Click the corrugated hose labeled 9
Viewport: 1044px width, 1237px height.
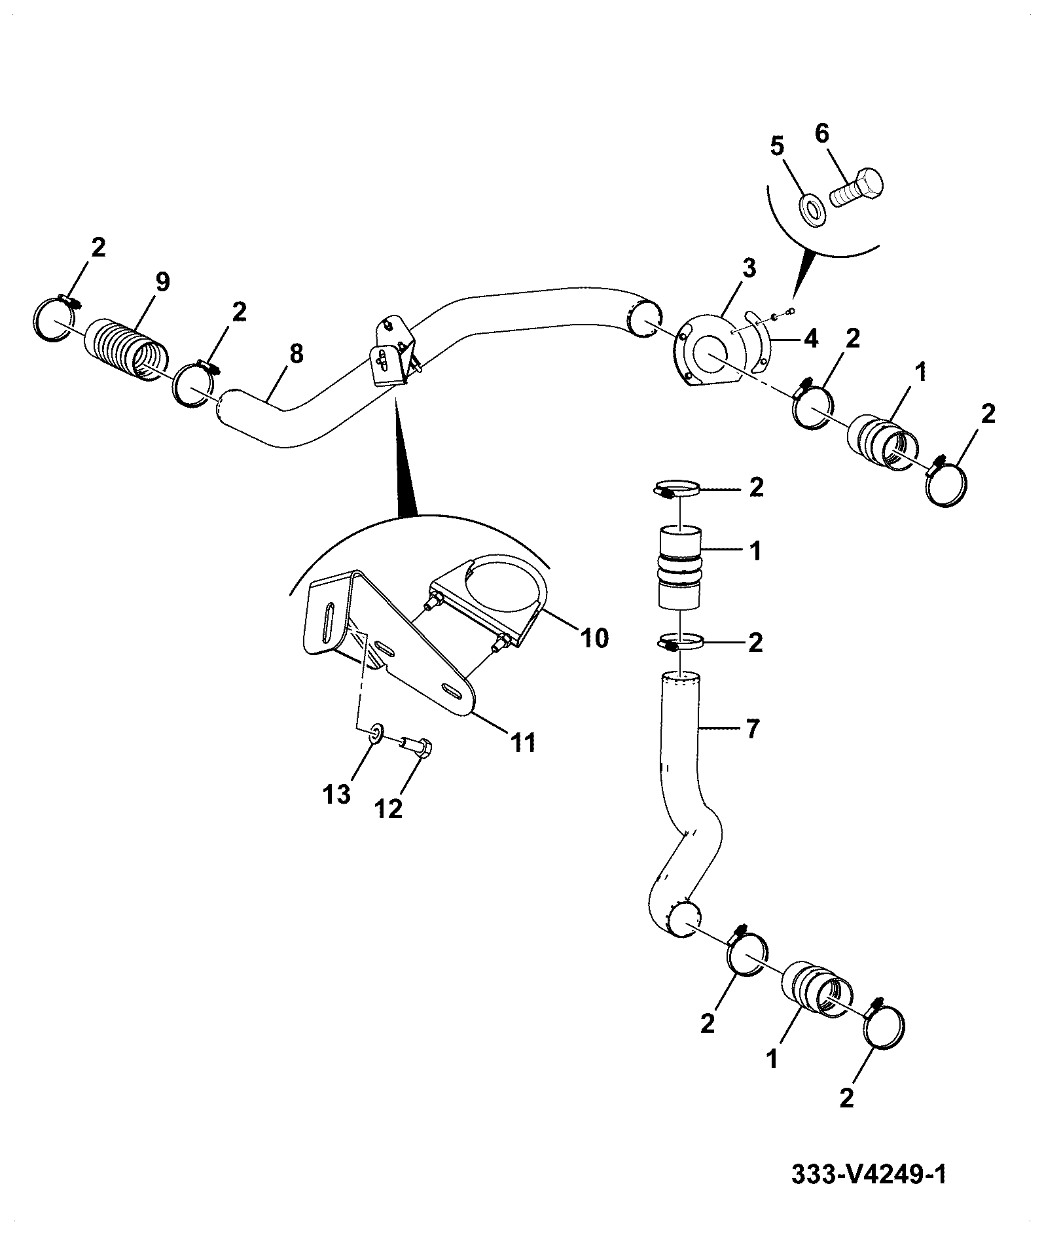click(x=125, y=350)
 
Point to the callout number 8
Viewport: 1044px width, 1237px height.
click(x=296, y=355)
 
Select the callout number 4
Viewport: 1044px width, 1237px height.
click(x=810, y=339)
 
